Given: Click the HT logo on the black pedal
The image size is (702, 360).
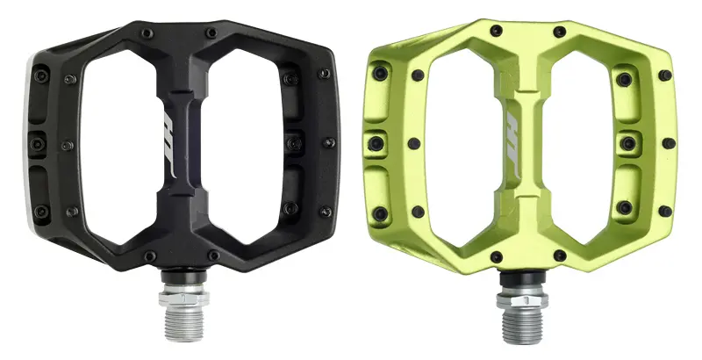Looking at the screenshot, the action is [168, 145].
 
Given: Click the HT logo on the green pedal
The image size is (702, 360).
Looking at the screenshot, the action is [512, 145].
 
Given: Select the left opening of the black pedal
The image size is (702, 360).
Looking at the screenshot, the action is [118, 147].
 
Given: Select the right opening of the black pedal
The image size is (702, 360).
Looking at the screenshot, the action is [247, 147].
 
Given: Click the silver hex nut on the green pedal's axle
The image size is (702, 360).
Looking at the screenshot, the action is [522, 297].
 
